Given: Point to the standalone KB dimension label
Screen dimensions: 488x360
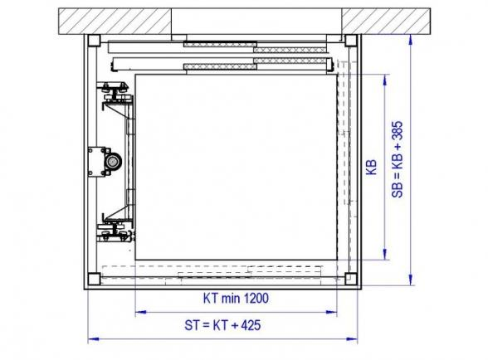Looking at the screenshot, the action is (x=371, y=167).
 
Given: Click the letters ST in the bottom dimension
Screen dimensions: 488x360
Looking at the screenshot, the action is (x=192, y=325).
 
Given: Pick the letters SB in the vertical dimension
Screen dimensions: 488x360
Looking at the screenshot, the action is (x=398, y=190).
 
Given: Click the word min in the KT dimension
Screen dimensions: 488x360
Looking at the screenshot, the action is (x=231, y=299).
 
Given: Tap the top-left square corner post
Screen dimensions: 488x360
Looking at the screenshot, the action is (x=94, y=41).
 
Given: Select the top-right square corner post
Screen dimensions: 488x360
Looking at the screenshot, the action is (x=351, y=41).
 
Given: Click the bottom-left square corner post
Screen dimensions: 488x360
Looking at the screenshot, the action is (x=94, y=279).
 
